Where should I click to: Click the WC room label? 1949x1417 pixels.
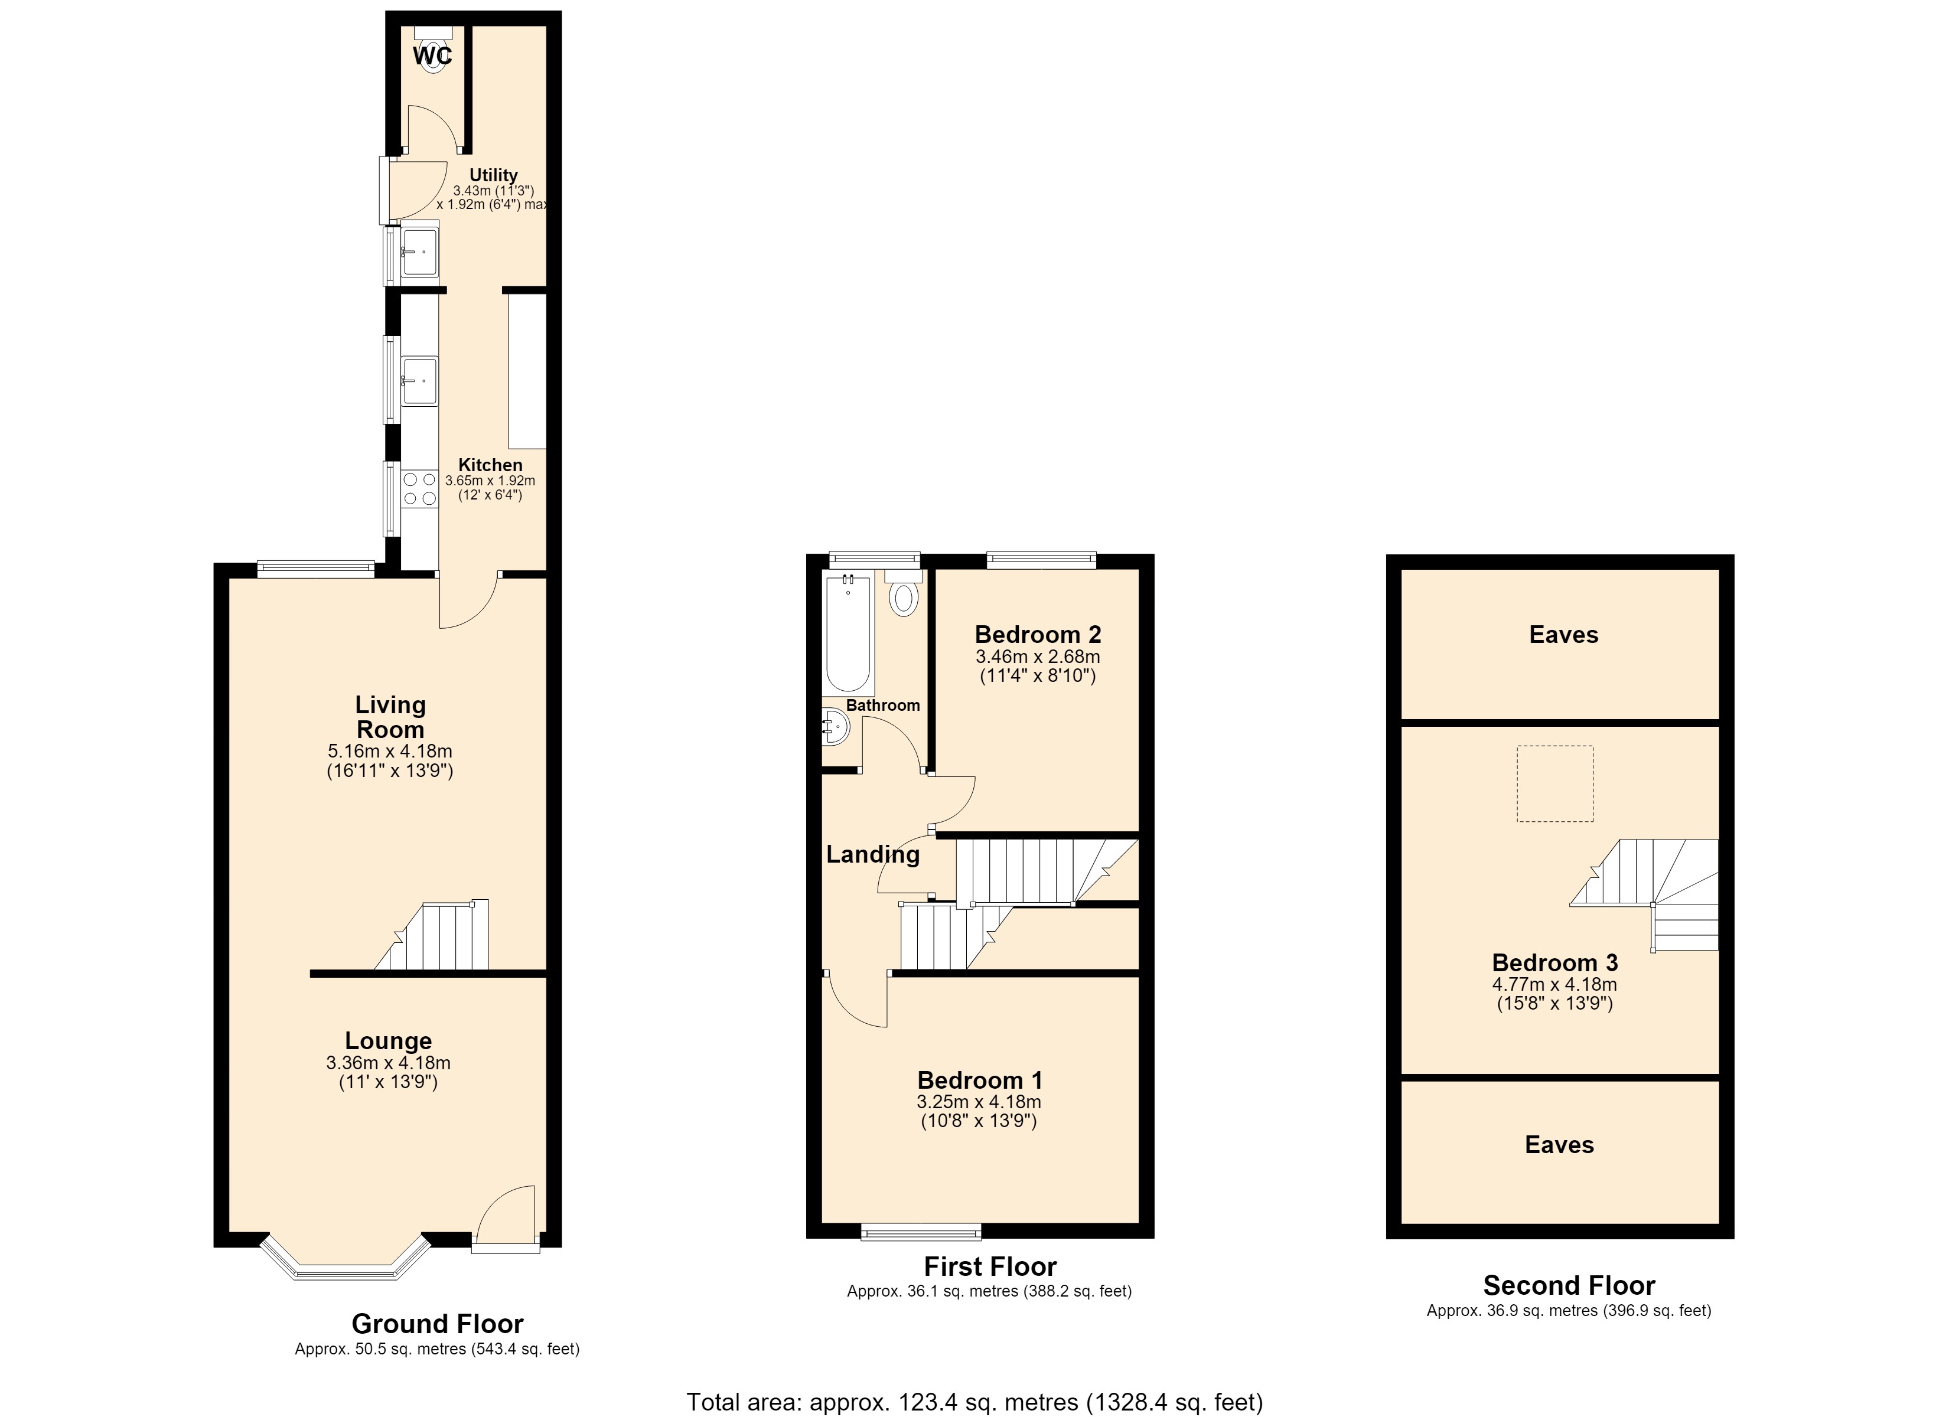pyautogui.click(x=432, y=56)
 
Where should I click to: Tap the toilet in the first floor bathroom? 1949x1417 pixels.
pyautogui.click(x=903, y=592)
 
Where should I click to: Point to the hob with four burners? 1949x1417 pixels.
pyautogui.click(x=419, y=489)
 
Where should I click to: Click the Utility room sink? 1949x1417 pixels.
pyautogui.click(x=419, y=250)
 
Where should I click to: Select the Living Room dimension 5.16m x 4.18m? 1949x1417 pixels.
pyautogui.click(x=390, y=751)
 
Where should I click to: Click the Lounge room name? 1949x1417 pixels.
pyautogui.click(x=389, y=1041)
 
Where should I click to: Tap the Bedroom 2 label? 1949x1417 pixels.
pyautogui.click(x=1038, y=635)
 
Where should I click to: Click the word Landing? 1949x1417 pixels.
pyautogui.click(x=873, y=854)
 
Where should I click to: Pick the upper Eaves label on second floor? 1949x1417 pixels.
pyautogui.click(x=1564, y=635)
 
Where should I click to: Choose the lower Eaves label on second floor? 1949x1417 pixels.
pyautogui.click(x=1560, y=1145)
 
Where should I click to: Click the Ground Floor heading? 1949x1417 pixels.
pyautogui.click(x=438, y=1323)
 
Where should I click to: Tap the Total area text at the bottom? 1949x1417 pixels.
pyautogui.click(x=974, y=1402)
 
